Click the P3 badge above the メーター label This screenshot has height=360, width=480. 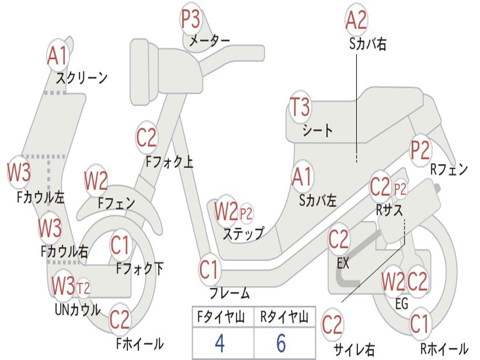[191, 20]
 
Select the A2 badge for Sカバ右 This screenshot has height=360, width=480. [356, 20]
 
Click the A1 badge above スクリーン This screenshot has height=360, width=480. [58, 56]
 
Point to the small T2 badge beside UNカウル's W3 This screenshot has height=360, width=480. [83, 288]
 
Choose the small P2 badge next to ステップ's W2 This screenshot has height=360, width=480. [246, 214]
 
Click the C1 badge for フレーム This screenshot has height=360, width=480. [210, 270]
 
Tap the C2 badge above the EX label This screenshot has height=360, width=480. [338, 240]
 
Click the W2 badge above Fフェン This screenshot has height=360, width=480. [96, 180]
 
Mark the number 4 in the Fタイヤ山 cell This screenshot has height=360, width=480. [219, 344]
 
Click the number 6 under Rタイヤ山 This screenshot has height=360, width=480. [281, 344]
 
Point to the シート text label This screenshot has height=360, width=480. [318, 130]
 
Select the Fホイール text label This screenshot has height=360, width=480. [140, 344]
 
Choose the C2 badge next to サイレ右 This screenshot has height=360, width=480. [332, 324]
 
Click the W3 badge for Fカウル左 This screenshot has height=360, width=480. [19, 173]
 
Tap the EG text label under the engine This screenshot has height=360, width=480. [402, 304]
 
